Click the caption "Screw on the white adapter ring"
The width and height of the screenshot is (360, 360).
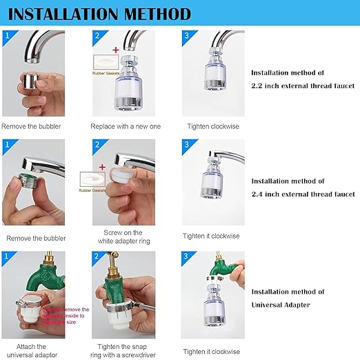(x=122, y=237)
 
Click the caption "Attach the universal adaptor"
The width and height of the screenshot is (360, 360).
(x=30, y=350)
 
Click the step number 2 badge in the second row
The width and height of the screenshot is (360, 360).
(x=97, y=146)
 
